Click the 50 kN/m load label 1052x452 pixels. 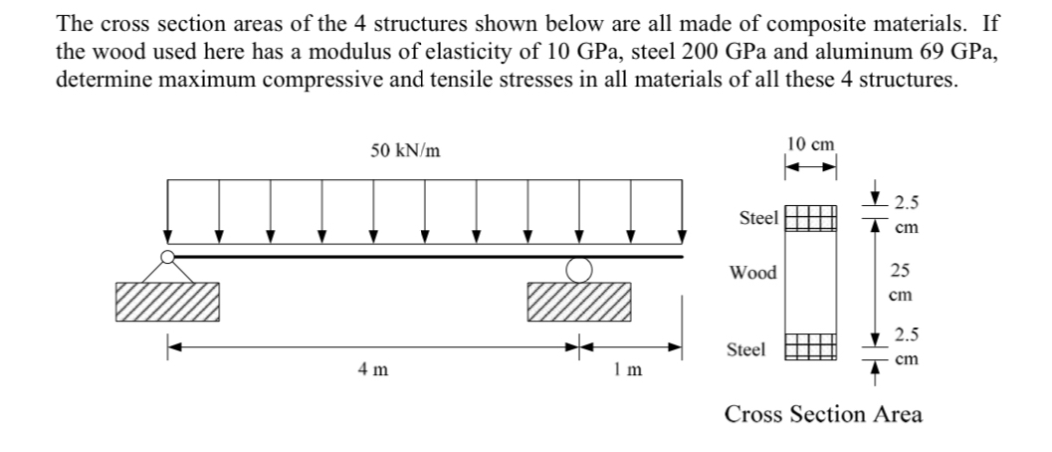[406, 151]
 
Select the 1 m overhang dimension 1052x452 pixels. [628, 370]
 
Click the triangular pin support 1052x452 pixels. [167, 266]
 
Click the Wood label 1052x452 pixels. [753, 272]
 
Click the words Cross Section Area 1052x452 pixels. [823, 414]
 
